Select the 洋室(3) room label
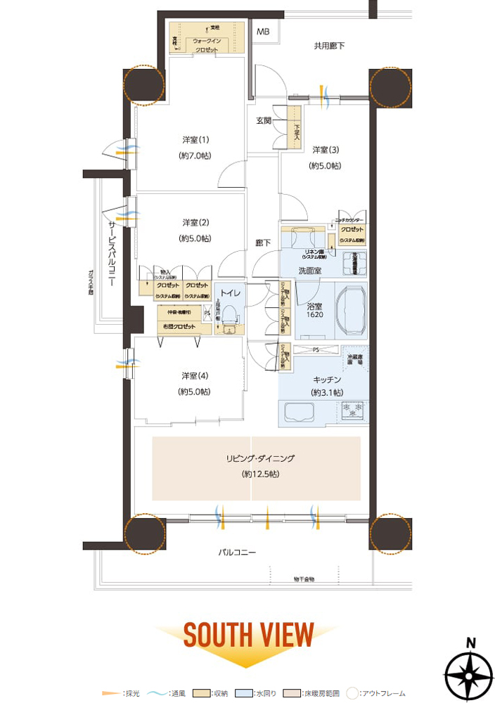pyautogui.click(x=326, y=150)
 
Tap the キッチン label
pyautogui.click(x=324, y=379)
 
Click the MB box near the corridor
pyautogui.click(x=263, y=32)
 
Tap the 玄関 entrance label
pyautogui.click(x=264, y=121)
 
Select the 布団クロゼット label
pyautogui.click(x=180, y=326)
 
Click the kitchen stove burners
pyautogui.click(x=350, y=410)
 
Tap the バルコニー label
pyautogui.click(x=236, y=553)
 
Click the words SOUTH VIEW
pyautogui.click(x=248, y=634)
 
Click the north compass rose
pyautogui.click(x=470, y=673)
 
